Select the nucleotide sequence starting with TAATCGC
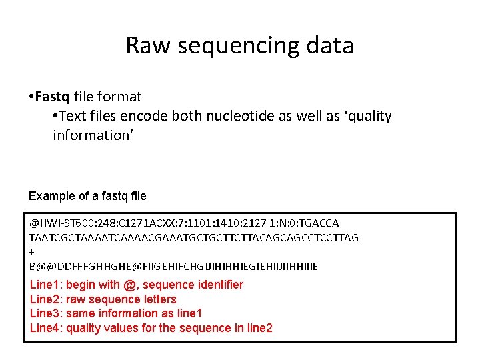pos(194,237)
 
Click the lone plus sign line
pos(32,252)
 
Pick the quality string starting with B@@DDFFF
pos(174,267)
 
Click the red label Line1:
pos(47,285)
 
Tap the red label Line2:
pos(47,299)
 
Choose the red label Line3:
pos(47,313)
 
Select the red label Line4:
pos(47,327)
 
